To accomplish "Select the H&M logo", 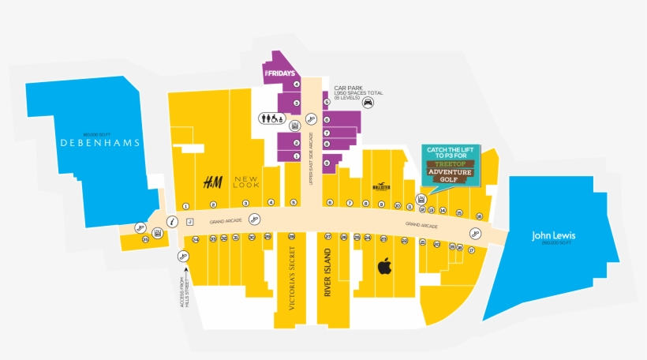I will [x=212, y=183].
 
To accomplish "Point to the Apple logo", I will [x=384, y=266].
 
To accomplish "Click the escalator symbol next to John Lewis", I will [x=475, y=232].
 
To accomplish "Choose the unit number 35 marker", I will [x=145, y=239].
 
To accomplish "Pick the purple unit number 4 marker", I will [x=297, y=84].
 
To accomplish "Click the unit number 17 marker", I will [x=471, y=249].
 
